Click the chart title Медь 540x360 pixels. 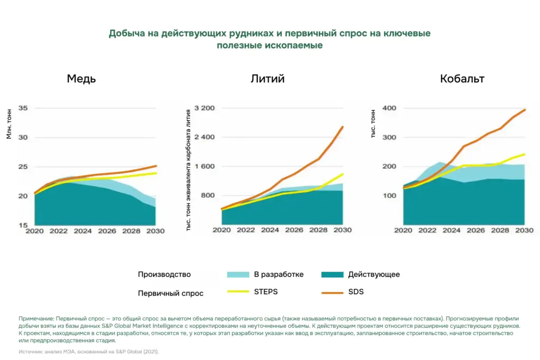[x=81, y=79]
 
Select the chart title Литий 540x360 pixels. [x=267, y=79]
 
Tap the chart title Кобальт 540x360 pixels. [x=462, y=79]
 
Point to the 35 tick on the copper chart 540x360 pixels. [x=23, y=108]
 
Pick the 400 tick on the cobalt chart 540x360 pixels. [x=389, y=108]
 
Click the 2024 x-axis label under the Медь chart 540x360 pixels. [x=83, y=230]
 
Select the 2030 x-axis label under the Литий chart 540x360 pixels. [x=343, y=230]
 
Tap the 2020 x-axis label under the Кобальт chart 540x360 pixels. [x=403, y=230]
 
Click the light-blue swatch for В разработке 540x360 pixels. [x=237, y=275]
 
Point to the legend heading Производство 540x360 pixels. [x=164, y=275]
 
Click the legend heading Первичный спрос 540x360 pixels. [x=170, y=293]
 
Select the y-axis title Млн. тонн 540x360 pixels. [x=9, y=123]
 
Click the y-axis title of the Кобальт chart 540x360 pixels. [x=373, y=123]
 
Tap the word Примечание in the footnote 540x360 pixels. [x=36, y=319]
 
